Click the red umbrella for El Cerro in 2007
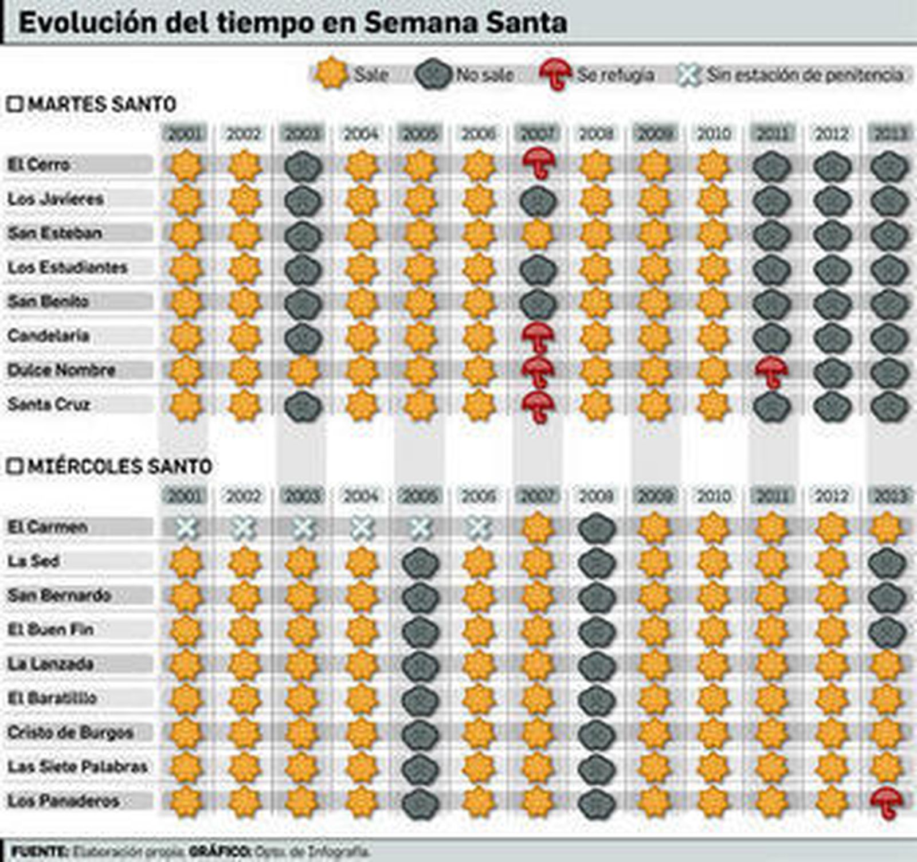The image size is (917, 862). (538, 163)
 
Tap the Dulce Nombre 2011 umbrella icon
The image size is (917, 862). (771, 371)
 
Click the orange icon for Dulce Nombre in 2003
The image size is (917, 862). (303, 371)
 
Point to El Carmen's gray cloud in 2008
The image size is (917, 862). (597, 528)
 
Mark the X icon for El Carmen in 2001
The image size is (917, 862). (186, 528)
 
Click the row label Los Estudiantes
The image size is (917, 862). (67, 267)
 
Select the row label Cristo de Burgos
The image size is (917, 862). (70, 732)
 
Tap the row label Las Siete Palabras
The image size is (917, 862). (77, 767)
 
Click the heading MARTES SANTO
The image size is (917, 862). (101, 105)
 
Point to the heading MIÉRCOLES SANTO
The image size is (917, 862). (119, 467)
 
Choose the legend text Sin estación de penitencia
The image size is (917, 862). (805, 75)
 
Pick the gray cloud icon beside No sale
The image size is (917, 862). (433, 75)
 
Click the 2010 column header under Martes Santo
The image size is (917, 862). (714, 134)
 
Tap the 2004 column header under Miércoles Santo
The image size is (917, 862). (361, 496)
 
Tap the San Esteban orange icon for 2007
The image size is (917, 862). (538, 234)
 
